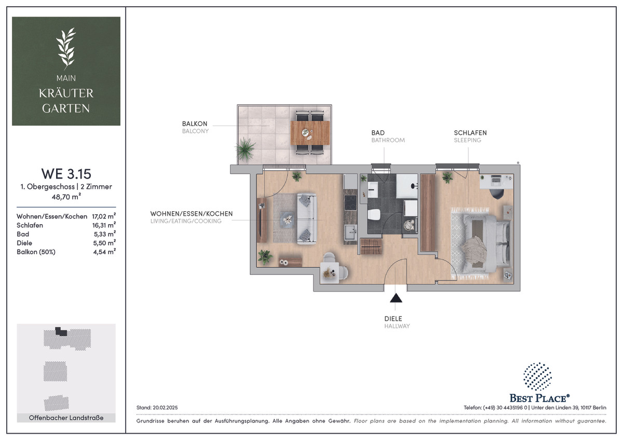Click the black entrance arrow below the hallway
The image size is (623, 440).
point(396,298)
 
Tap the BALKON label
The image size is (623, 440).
point(195,123)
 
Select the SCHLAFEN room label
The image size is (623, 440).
point(470,133)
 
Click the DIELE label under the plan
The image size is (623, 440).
point(393,319)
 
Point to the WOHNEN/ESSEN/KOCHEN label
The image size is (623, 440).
point(192,214)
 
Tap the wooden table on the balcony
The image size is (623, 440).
point(310,133)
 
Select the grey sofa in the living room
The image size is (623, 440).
point(307,219)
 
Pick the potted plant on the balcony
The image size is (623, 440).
point(245,149)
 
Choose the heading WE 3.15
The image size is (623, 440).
point(66,174)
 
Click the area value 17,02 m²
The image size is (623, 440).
point(104,216)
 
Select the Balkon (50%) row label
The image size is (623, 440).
point(36,252)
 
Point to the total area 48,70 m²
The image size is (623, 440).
point(66,197)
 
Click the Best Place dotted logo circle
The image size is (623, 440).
point(537,377)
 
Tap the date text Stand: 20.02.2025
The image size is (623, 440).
point(157,408)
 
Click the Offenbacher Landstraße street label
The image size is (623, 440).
point(66,418)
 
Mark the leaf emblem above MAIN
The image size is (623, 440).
point(66,48)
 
